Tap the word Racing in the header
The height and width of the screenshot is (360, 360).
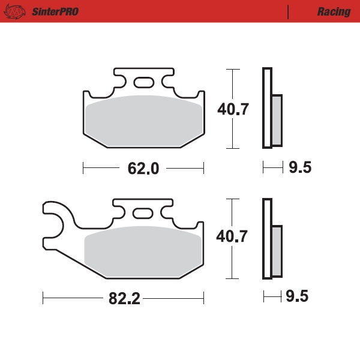tap(333, 11)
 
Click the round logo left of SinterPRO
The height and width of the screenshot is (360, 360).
tap(17, 11)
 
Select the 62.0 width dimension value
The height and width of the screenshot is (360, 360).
tap(143, 169)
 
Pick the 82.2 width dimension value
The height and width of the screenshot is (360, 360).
tap(124, 298)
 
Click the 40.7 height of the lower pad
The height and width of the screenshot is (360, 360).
tap(233, 237)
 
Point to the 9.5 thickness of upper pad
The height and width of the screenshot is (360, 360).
tap(300, 168)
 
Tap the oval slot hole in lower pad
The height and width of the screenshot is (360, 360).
tap(142, 213)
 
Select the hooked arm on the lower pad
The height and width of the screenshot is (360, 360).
tap(57, 219)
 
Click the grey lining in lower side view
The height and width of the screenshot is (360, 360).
tap(277, 250)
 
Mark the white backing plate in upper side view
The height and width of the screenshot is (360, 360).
tap(267, 108)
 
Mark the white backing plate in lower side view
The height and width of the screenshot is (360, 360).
tap(267, 238)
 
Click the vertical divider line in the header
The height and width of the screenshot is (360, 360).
tap(288, 11)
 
